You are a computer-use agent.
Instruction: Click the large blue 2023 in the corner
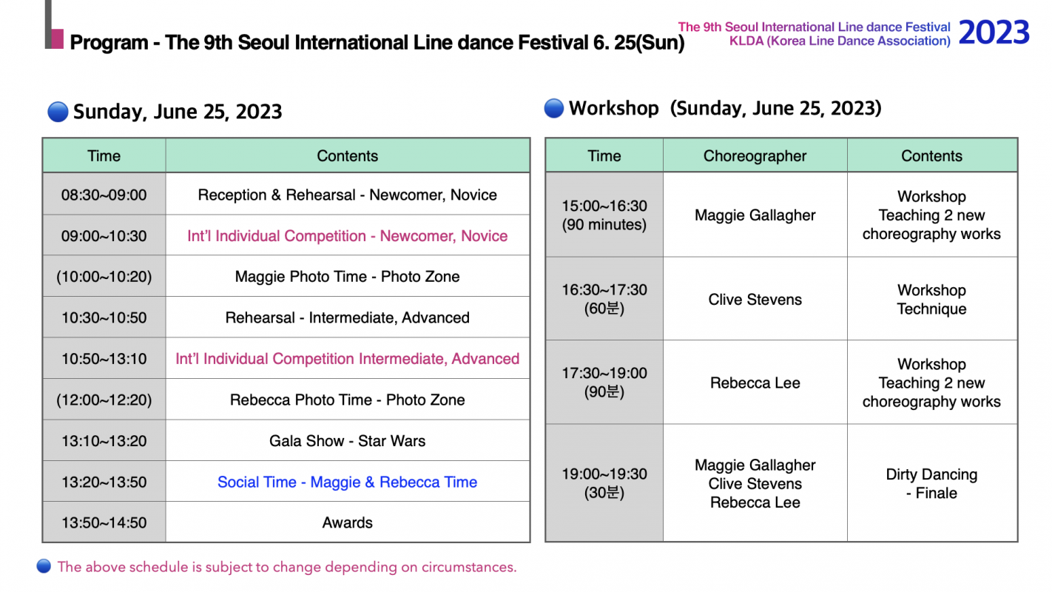tap(994, 33)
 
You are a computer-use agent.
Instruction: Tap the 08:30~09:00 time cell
tap(104, 195)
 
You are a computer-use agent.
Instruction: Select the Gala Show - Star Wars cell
tap(347, 441)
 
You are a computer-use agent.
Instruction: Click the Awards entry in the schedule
tap(347, 523)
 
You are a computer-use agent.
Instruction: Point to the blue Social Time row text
tap(347, 482)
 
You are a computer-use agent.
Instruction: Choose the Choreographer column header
tap(755, 156)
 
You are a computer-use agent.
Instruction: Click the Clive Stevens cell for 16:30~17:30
tap(755, 300)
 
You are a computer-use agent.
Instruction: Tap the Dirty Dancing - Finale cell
tap(931, 483)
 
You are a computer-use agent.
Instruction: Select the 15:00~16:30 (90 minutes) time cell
tap(604, 215)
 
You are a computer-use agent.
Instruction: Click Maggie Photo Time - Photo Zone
tap(347, 277)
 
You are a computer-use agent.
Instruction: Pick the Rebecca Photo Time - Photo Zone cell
tap(347, 400)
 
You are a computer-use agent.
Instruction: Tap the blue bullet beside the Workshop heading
tap(553, 108)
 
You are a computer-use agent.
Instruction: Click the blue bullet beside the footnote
tap(44, 566)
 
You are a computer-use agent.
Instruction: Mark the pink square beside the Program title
tap(57, 38)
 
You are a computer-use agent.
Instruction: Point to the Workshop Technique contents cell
tap(931, 300)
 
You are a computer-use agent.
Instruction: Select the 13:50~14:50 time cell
tap(104, 523)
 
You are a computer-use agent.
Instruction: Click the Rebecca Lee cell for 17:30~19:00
tap(755, 383)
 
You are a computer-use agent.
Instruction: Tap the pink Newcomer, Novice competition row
tap(347, 236)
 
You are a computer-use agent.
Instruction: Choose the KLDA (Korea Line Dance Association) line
tap(840, 41)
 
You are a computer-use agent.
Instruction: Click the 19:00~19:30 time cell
tap(604, 483)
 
